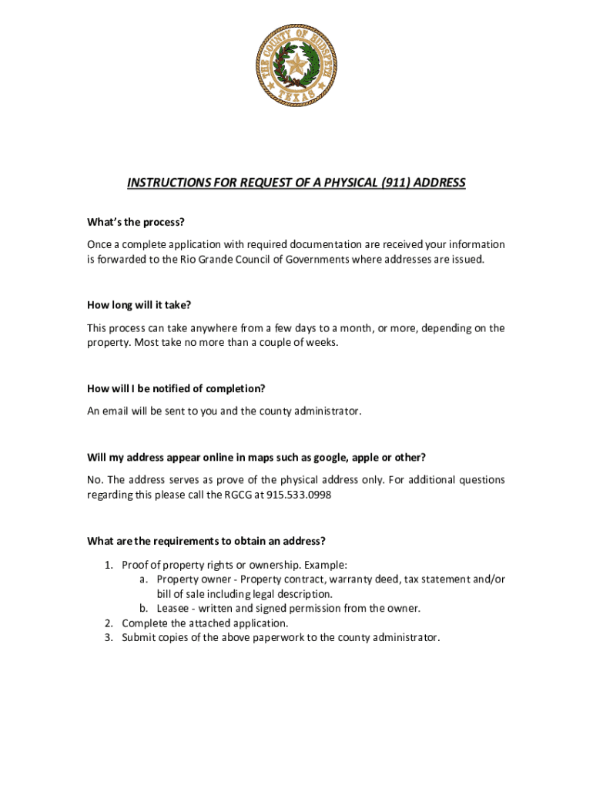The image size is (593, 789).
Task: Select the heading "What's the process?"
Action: coord(136,223)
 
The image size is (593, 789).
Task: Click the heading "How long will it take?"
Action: coord(139,306)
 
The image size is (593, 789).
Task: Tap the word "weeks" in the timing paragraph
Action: coord(321,342)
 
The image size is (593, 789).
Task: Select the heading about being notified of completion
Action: coord(182,388)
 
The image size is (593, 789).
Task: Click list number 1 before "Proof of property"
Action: coord(109,566)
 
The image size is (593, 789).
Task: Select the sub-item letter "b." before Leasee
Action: coord(144,608)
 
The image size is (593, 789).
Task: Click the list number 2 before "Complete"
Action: coord(109,623)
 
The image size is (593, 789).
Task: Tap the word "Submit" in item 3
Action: coord(139,637)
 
